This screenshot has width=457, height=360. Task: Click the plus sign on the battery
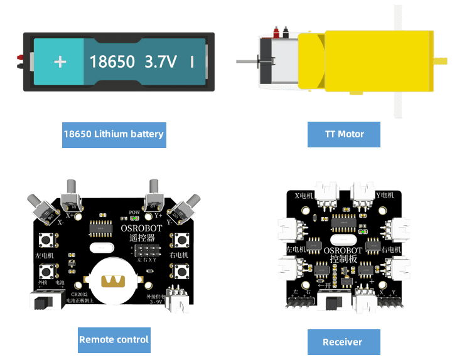click(60, 61)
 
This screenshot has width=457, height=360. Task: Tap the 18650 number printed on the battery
click(112, 61)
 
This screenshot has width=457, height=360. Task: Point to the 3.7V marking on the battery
click(161, 61)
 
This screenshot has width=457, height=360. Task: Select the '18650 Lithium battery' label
click(114, 134)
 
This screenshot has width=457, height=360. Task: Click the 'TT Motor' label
click(344, 134)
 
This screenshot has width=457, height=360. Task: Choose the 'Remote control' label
click(114, 340)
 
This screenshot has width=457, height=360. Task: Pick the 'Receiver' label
click(343, 342)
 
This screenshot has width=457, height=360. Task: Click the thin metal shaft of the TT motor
click(247, 61)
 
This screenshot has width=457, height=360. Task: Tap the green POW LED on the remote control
click(134, 218)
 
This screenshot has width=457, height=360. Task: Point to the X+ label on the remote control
click(70, 214)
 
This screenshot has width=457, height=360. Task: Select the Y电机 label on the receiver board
click(384, 196)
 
